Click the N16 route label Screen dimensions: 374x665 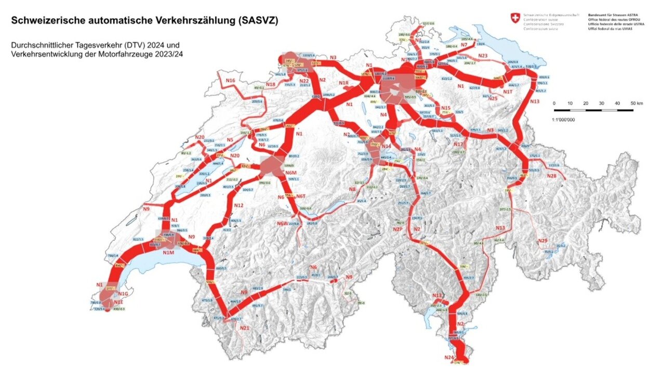click(230, 81)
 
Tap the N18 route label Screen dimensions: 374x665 click(270, 84)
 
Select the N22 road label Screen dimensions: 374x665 click(304, 81)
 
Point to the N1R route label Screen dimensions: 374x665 click(343, 83)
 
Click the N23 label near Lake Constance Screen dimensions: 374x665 click(483, 56)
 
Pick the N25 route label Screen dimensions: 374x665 click(493, 98)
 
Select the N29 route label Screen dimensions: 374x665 click(542, 240)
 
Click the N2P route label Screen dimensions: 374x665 click(398, 229)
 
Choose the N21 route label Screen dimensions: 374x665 click(244, 328)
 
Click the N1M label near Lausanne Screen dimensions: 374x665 click(168, 253)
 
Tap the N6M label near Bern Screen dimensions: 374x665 click(290, 173)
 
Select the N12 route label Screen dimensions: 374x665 click(238, 206)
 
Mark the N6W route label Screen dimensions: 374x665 click(282, 224)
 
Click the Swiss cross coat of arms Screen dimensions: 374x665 click(514, 19)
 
